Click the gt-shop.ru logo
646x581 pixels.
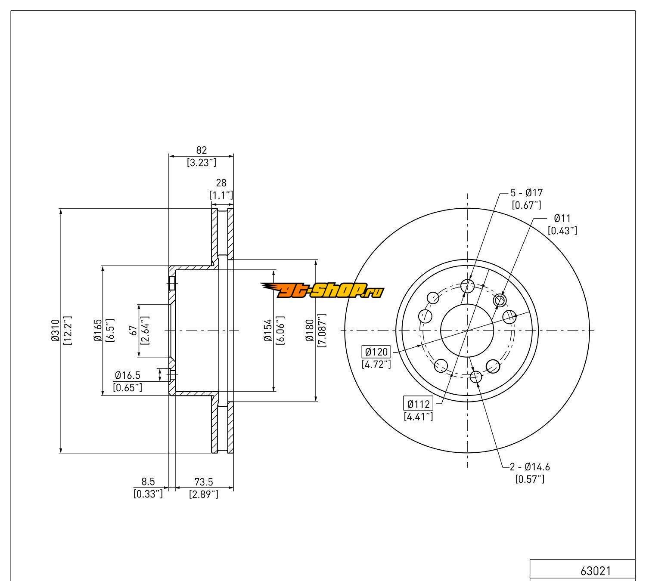coord(323,290)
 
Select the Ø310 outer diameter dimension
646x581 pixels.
coord(55,330)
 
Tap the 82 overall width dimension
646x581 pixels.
coord(201,150)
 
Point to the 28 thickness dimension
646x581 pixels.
coord(221,182)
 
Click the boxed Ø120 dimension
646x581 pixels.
coord(376,352)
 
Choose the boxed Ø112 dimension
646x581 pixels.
coord(418,404)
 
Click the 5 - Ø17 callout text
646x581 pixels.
coord(527,192)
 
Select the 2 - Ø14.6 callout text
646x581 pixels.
coord(530,467)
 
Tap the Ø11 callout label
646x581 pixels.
coord(562,218)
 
